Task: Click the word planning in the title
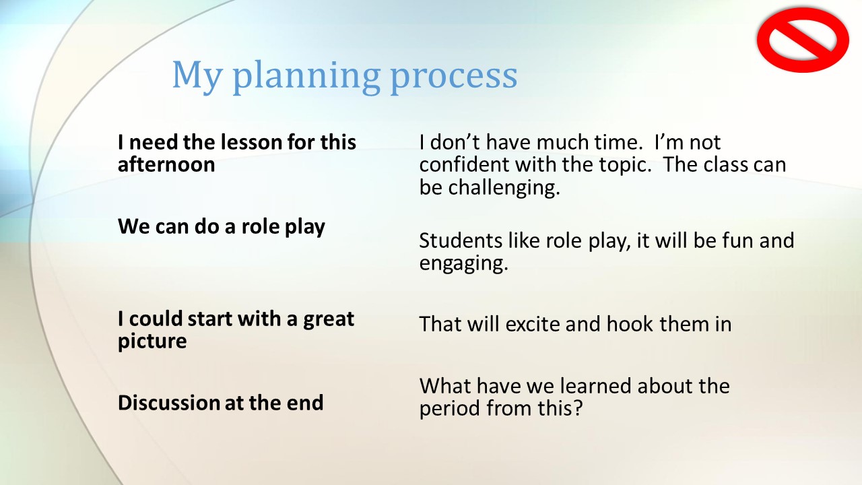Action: [306, 76]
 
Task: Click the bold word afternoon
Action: [166, 164]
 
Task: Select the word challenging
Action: [504, 188]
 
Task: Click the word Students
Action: [461, 240]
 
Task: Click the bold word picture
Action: [152, 342]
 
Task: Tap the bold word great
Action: [329, 320]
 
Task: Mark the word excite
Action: [532, 324]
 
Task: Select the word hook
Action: [630, 324]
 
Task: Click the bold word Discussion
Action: [168, 403]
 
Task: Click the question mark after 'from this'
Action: [578, 408]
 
